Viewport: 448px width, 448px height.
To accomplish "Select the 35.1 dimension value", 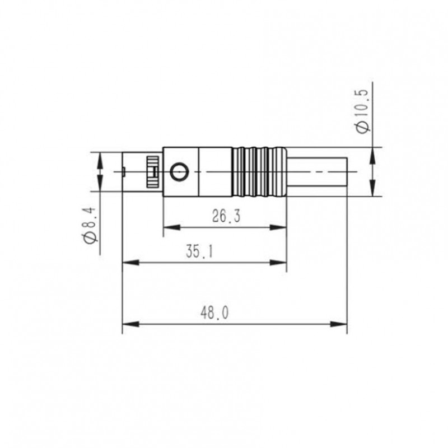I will (200, 252).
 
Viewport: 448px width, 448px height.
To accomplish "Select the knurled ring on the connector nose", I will (151, 172).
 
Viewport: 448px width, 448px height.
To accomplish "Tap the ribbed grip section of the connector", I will (259, 172).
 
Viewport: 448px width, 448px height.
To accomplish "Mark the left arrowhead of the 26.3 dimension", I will (167, 228).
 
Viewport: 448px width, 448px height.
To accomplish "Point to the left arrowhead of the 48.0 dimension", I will (127, 324).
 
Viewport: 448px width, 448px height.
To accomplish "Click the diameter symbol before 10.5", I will (363, 127).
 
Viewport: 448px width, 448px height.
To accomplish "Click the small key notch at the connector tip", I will (122, 171).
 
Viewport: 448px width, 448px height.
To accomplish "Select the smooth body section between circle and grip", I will (216, 172).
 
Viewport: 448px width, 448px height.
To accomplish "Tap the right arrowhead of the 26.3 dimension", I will (282, 228).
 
